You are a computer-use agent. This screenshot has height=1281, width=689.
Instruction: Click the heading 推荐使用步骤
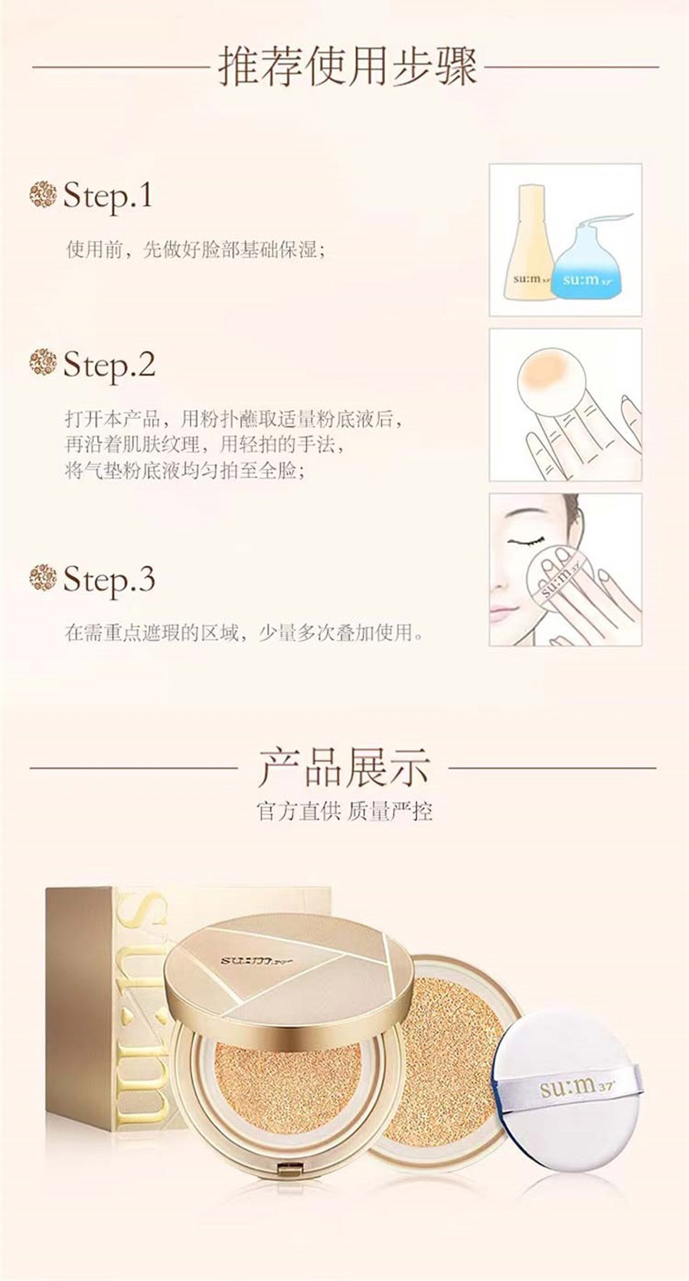point(348,67)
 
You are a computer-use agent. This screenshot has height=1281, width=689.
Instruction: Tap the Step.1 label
point(108,195)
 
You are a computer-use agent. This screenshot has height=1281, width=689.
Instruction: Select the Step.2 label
point(109,364)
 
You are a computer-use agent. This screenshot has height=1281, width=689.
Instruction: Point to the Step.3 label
point(109,578)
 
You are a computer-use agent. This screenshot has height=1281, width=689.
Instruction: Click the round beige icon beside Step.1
point(44,195)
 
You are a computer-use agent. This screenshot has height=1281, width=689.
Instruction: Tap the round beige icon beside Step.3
point(44,578)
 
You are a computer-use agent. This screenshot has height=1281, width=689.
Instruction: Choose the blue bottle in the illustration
point(582,265)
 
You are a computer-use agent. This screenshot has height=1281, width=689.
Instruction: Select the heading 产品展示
point(344,768)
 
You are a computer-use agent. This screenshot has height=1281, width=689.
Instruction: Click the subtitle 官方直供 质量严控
point(344,811)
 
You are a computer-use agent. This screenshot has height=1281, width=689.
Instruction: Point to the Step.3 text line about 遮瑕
point(246,634)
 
